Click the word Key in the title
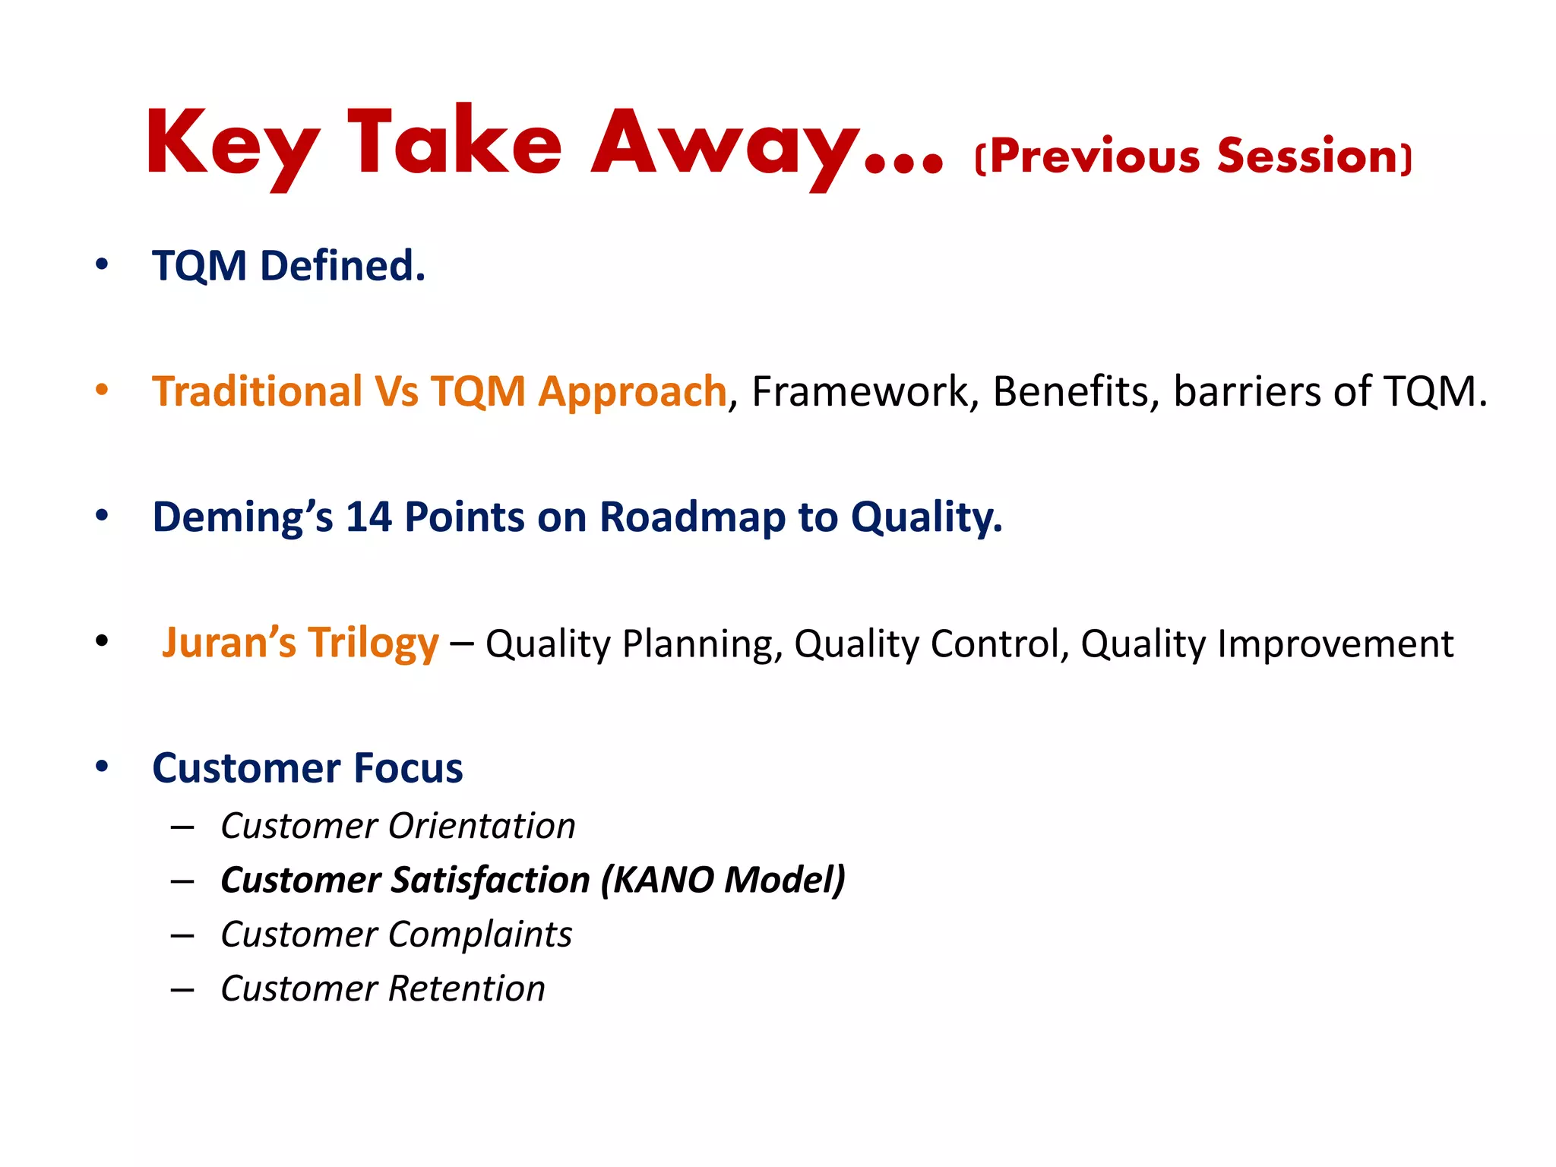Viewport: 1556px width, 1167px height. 232,144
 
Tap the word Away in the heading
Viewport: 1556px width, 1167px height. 726,144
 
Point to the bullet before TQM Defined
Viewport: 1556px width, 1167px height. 102,265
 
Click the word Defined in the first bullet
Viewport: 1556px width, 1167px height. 342,266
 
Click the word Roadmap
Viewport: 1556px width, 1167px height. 691,517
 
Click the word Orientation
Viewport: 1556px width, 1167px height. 482,826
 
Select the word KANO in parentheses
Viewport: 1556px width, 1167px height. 663,880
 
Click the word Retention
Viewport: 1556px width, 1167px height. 466,988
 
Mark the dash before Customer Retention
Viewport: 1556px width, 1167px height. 182,989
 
